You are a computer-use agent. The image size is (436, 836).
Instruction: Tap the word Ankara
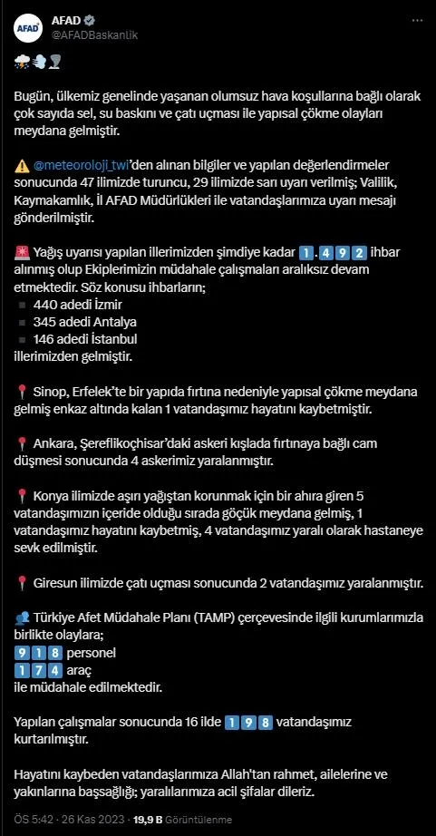53,443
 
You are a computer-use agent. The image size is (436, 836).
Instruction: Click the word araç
84,670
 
